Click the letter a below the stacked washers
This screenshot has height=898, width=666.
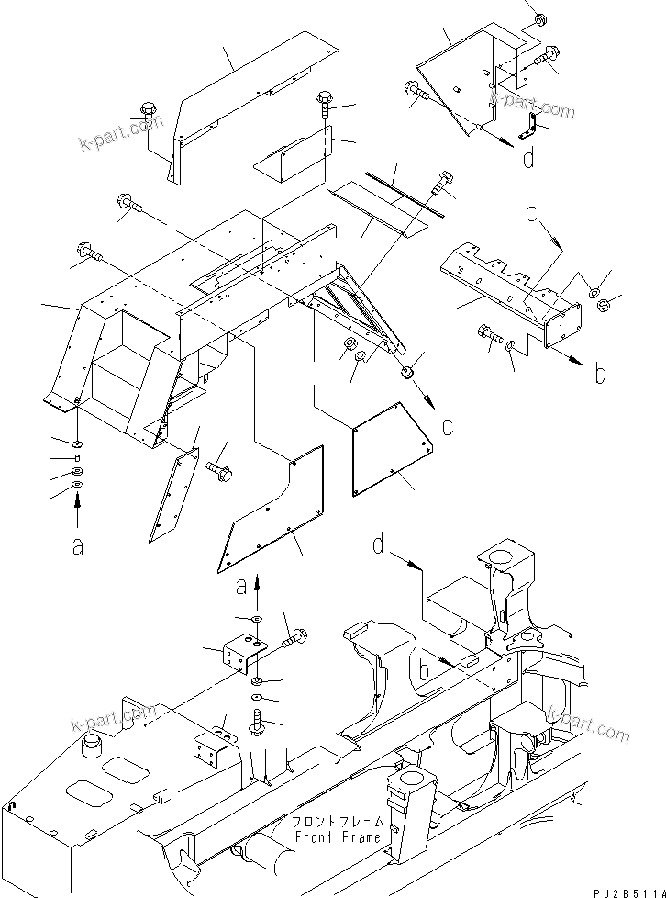coord(78,546)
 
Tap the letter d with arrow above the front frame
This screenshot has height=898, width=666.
coord(379,545)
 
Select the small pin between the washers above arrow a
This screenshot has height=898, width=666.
coord(78,458)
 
